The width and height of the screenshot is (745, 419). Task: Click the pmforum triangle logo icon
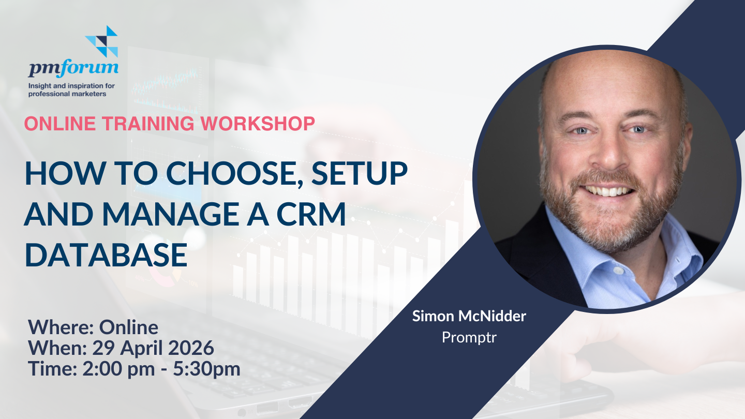click(101, 41)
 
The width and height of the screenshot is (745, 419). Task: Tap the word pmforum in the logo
click(73, 68)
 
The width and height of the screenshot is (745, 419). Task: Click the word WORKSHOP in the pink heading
click(258, 123)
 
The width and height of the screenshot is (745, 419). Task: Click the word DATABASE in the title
click(106, 255)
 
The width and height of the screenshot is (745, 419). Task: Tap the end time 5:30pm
click(206, 369)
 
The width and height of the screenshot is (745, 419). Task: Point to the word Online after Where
click(128, 327)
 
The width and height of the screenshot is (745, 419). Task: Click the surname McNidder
click(492, 316)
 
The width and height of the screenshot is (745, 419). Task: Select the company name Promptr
click(469, 338)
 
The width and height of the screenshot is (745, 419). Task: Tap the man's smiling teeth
click(608, 191)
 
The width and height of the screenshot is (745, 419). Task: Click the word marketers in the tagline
click(90, 94)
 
